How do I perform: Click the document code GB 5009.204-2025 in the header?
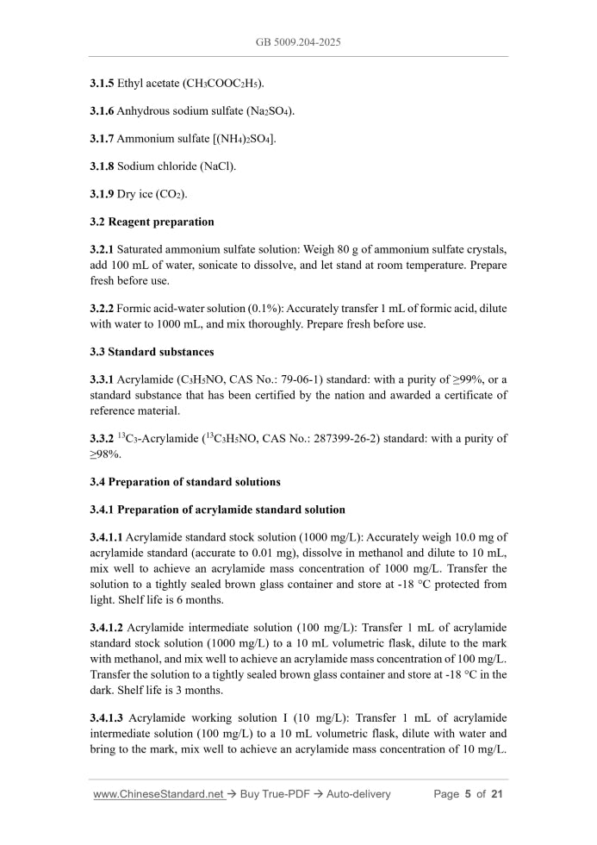(x=298, y=41)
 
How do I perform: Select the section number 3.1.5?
(x=104, y=84)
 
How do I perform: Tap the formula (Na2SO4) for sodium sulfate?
(x=266, y=111)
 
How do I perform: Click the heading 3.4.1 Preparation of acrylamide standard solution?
(x=217, y=510)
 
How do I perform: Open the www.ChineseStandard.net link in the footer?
(x=158, y=794)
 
